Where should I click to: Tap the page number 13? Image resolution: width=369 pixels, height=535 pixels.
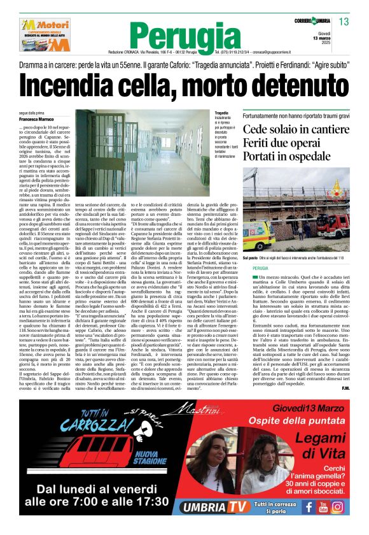[344, 22]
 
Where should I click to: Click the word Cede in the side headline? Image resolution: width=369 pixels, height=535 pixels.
[257, 130]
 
